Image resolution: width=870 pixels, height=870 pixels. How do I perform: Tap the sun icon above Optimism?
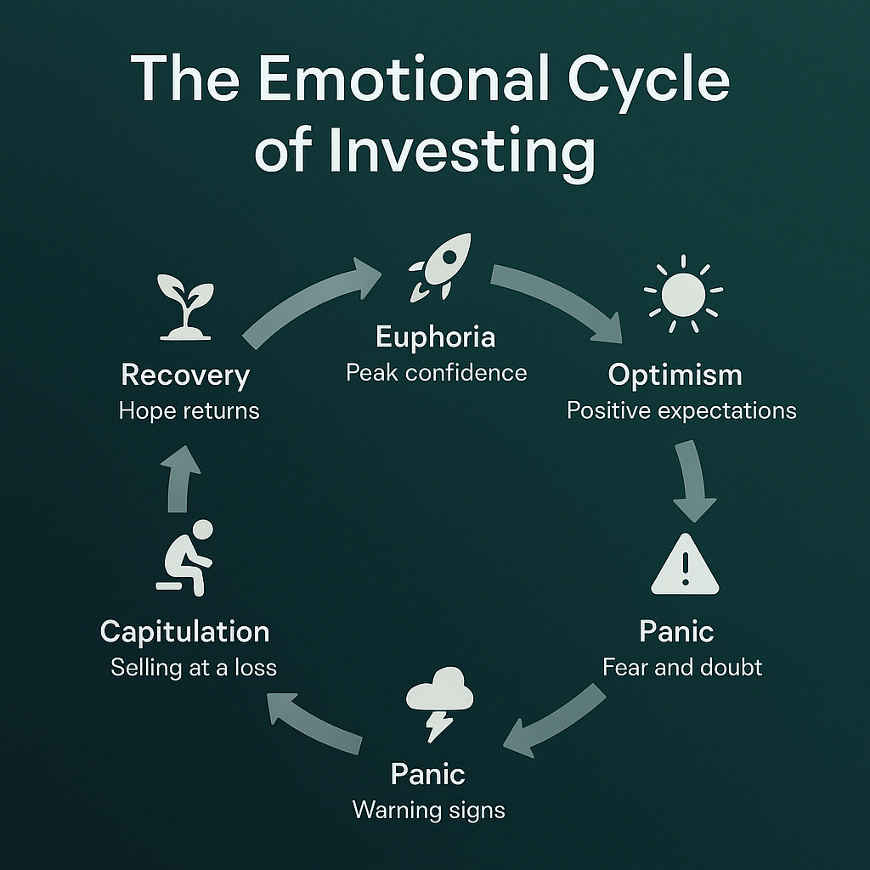click(684, 294)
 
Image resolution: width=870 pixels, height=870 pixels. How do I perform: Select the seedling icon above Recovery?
click(185, 307)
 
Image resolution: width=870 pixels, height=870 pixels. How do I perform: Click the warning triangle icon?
click(686, 564)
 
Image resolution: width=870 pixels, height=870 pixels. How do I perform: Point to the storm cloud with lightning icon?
click(440, 703)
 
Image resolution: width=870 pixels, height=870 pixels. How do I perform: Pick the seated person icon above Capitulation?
click(185, 557)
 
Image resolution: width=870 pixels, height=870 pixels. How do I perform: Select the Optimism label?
click(675, 376)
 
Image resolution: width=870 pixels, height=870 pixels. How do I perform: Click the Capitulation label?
click(184, 632)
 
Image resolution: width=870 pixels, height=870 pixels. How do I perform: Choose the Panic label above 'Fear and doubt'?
click(676, 631)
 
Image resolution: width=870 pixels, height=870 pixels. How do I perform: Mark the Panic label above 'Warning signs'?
click(428, 775)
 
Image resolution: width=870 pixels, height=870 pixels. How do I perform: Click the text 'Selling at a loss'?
click(194, 668)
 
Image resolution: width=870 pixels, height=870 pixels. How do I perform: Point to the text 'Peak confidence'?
click(436, 373)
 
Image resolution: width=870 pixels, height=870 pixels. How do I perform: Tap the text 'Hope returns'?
click(189, 411)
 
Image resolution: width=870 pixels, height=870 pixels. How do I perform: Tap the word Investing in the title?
click(461, 151)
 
